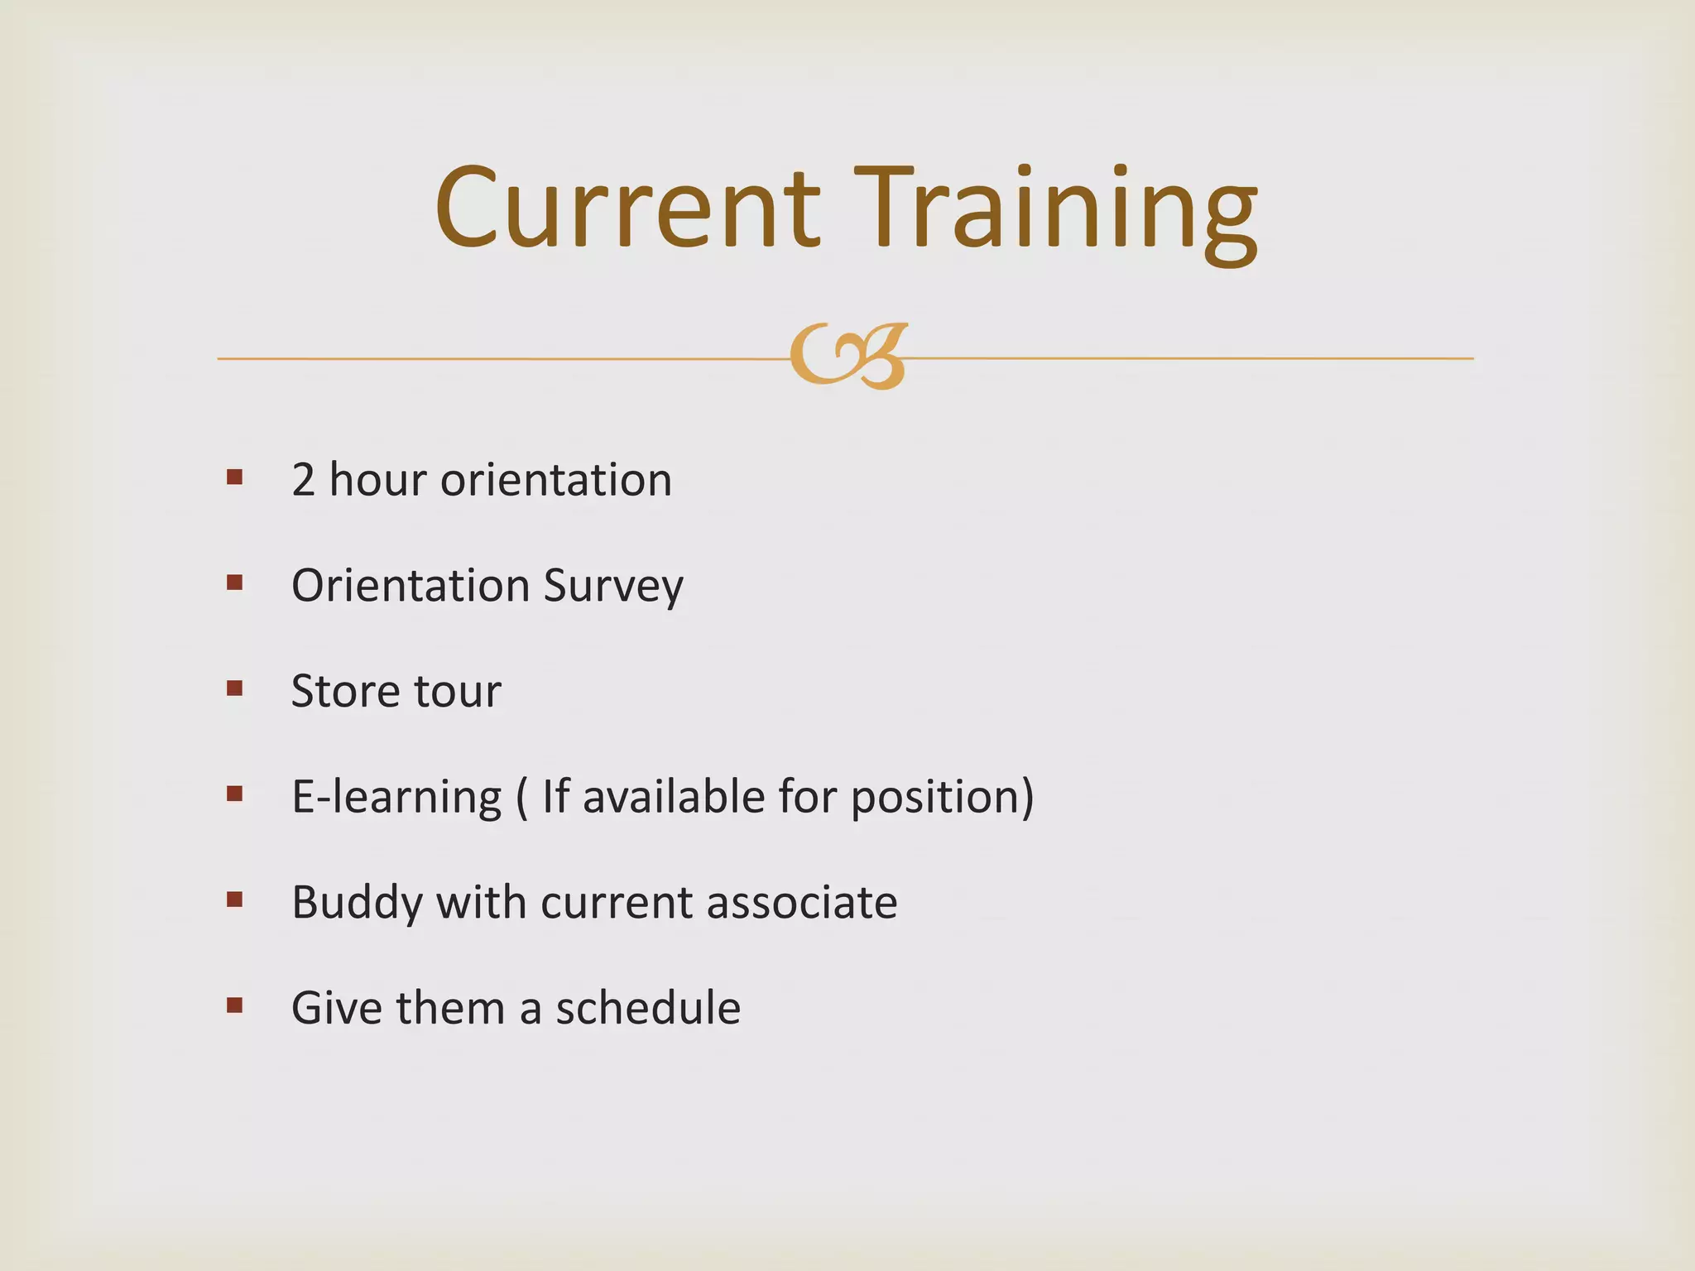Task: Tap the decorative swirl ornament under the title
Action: tap(848, 357)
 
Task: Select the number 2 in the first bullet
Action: tap(303, 480)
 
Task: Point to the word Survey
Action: tap(613, 586)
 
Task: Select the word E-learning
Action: tap(396, 797)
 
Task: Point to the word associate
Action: tap(802, 902)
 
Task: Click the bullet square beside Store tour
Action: tap(234, 688)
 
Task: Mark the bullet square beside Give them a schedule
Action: tap(234, 1005)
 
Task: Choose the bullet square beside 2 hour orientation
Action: tap(234, 477)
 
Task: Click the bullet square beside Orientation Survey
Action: tap(234, 583)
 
